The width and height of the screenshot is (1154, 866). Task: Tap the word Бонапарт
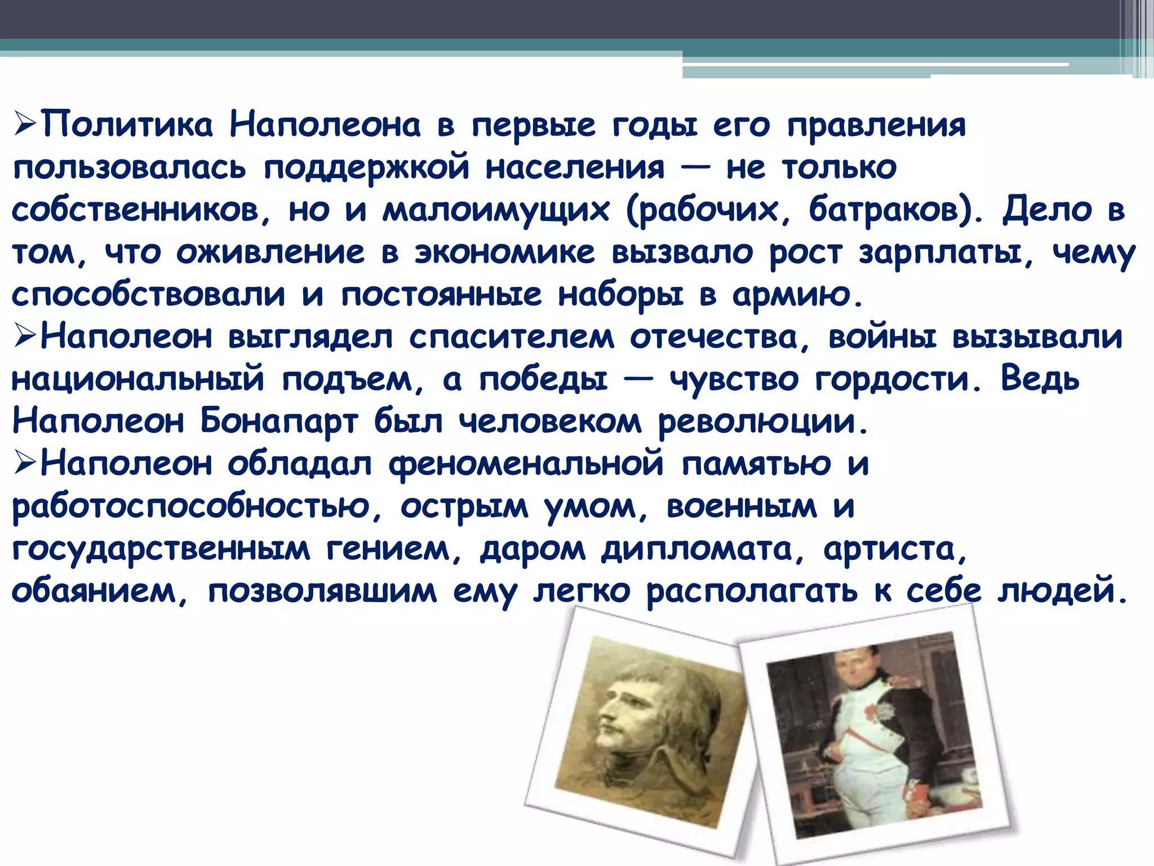coord(279,421)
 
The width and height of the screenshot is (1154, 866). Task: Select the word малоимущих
coord(496,210)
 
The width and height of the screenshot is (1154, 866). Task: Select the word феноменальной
coord(526,464)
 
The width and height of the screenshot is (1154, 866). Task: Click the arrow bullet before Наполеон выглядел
coord(25,337)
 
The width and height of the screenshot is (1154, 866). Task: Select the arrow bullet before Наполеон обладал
coord(25,464)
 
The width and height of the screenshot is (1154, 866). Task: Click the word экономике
coord(504,252)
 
